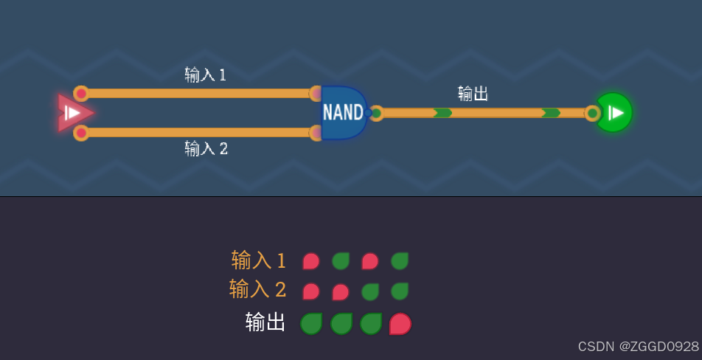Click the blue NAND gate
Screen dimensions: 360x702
pos(344,113)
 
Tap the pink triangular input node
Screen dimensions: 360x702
pos(74,113)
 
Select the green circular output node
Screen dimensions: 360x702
pos(614,113)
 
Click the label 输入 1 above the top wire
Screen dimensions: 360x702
pos(205,75)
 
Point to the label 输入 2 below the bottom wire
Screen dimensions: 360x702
pos(206,148)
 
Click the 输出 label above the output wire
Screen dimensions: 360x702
pos(473,94)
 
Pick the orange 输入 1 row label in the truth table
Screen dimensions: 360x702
pos(258,260)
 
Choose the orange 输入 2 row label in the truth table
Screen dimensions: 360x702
pos(257,289)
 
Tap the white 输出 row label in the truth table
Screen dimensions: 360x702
pos(265,322)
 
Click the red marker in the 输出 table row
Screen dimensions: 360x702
pos(400,323)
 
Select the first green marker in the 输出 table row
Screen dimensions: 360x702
pos(311,323)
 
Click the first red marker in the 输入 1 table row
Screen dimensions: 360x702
pos(310,261)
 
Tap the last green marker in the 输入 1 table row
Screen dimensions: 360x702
pos(400,261)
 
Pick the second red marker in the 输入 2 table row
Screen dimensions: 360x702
pos(340,291)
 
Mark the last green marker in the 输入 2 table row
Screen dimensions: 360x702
pos(400,291)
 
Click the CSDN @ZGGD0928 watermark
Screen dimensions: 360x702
pos(638,347)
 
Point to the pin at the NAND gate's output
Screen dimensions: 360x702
pos(376,113)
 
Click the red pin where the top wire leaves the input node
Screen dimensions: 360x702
pos(81,94)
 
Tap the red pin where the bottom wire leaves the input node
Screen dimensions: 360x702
pos(81,133)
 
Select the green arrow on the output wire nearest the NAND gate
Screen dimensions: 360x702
pos(442,113)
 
